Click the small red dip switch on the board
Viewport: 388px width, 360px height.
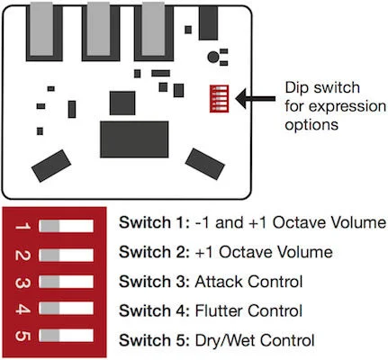(219, 99)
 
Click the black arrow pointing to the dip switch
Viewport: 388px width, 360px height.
(255, 98)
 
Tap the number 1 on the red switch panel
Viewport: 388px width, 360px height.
(23, 226)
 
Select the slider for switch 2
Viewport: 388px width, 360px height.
(66, 256)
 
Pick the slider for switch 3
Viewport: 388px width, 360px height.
(66, 282)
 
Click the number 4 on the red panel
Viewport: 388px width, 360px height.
(23, 309)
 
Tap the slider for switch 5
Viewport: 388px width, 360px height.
(66, 336)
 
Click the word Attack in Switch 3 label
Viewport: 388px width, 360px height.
(219, 282)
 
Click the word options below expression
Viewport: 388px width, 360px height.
(311, 125)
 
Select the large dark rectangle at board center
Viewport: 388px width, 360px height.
(134, 139)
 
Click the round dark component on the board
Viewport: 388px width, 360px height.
(213, 57)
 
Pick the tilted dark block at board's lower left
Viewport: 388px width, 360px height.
(51, 166)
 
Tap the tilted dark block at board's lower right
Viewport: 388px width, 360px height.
(205, 164)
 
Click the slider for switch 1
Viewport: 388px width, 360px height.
(66, 226)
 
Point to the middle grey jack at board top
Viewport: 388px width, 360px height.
(98, 29)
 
